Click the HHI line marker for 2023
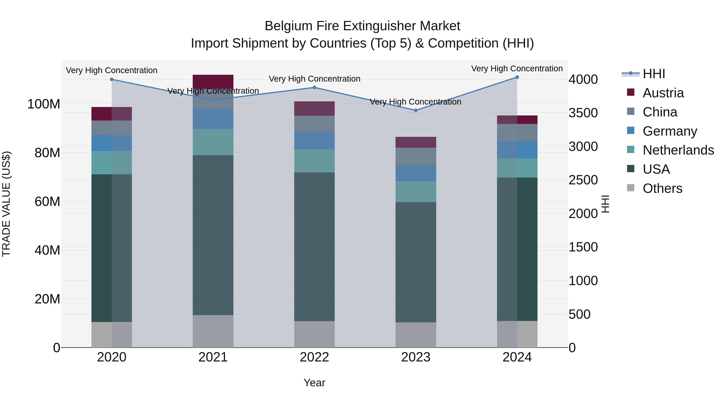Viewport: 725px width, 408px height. (x=416, y=110)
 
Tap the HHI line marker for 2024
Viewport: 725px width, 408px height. (x=517, y=77)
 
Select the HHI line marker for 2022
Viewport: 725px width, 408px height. (x=314, y=88)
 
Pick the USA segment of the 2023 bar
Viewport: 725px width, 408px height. (x=416, y=262)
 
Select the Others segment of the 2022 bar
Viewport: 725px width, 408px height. (x=314, y=334)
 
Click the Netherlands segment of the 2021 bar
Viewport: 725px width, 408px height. (x=213, y=142)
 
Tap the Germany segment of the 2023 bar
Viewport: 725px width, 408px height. (x=416, y=173)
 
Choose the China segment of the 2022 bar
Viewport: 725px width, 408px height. (x=314, y=124)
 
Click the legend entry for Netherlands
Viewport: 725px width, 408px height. (x=678, y=150)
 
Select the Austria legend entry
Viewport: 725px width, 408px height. (x=663, y=93)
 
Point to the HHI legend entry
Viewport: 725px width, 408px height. (x=654, y=74)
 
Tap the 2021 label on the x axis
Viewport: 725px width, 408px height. (x=213, y=357)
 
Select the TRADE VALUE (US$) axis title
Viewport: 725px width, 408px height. (x=6, y=204)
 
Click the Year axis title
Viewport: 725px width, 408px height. (x=314, y=383)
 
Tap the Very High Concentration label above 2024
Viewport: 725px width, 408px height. (x=517, y=69)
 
